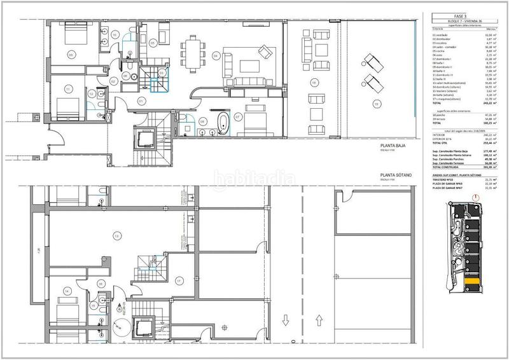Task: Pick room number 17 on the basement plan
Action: click(x=179, y=280)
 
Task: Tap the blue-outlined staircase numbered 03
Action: click(x=153, y=78)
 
